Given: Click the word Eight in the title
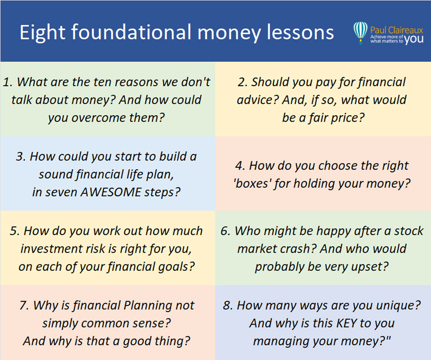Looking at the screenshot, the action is (x=42, y=33).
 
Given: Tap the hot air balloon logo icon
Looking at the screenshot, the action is (x=361, y=33).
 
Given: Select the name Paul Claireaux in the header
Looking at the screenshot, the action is (x=396, y=30).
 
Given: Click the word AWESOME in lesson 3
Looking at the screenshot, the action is (x=110, y=192).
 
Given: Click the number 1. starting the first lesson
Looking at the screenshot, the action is (x=8, y=82).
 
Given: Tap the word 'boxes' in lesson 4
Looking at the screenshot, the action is (x=251, y=184).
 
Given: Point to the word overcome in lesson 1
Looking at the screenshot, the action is (x=98, y=118).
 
